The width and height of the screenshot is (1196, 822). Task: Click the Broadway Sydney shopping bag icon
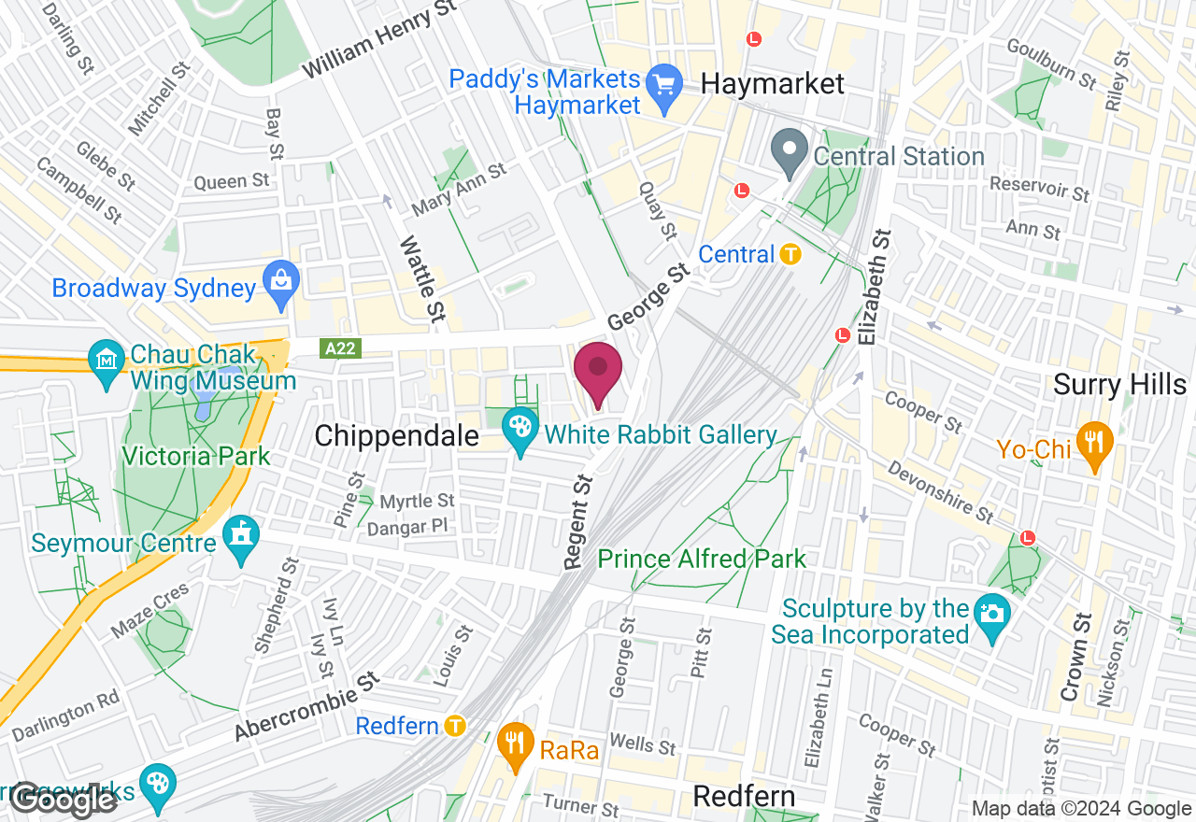(x=280, y=288)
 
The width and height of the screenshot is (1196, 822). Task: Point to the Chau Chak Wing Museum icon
(x=106, y=358)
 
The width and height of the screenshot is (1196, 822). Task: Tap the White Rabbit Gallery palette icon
(x=520, y=433)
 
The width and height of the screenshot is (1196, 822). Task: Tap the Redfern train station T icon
(x=455, y=725)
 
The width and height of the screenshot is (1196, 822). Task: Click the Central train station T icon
(x=791, y=253)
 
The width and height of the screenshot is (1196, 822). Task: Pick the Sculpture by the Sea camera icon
(x=991, y=613)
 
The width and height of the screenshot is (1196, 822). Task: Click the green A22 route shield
(x=341, y=348)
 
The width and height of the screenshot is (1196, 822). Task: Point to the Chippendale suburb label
(x=396, y=435)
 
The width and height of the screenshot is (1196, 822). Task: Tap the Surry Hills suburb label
(x=1119, y=384)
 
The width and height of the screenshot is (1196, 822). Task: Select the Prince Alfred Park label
(x=702, y=560)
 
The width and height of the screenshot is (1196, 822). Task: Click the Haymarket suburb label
(x=772, y=84)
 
